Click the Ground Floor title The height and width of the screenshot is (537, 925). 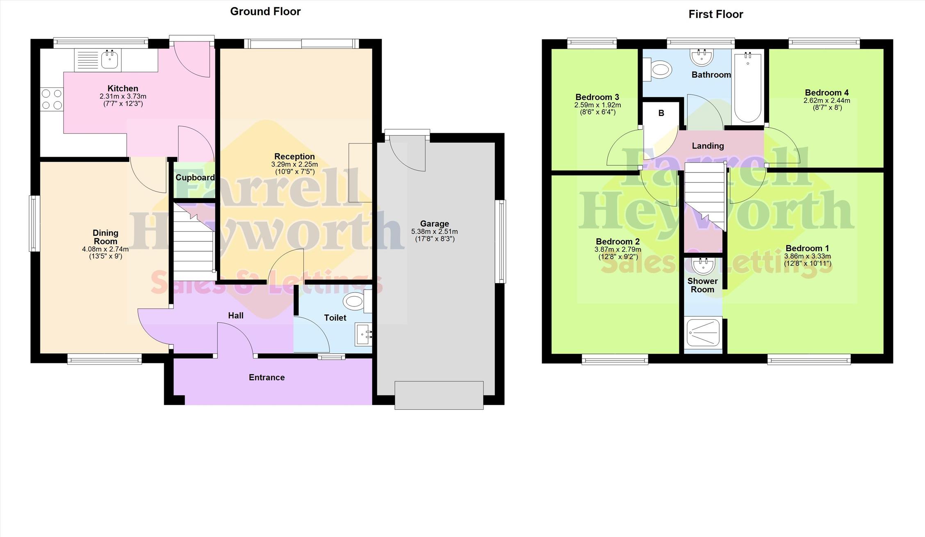click(x=265, y=11)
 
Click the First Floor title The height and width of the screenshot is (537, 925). click(x=715, y=14)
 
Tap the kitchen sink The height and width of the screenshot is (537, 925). click(x=109, y=59)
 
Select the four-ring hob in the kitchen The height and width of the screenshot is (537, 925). click(x=52, y=100)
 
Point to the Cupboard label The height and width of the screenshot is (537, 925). click(x=195, y=178)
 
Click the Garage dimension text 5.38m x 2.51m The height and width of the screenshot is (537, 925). click(x=435, y=232)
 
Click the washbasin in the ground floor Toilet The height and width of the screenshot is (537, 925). click(x=364, y=334)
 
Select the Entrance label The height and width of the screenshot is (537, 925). click(x=267, y=377)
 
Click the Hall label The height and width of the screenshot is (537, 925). click(x=236, y=315)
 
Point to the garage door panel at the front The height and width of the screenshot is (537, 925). click(x=439, y=395)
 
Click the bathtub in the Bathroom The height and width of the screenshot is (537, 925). click(x=748, y=87)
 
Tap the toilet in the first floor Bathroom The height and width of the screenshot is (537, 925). click(x=657, y=69)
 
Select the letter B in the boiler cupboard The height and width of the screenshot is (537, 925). click(x=661, y=113)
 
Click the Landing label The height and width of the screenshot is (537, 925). click(x=708, y=146)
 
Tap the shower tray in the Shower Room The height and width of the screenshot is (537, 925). click(x=703, y=332)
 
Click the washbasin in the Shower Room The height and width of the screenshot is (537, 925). click(x=703, y=265)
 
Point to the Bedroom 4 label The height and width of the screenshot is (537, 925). click(x=827, y=93)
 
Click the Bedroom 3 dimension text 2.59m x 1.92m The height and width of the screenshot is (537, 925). click(x=597, y=105)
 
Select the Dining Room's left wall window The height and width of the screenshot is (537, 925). click(x=34, y=223)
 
